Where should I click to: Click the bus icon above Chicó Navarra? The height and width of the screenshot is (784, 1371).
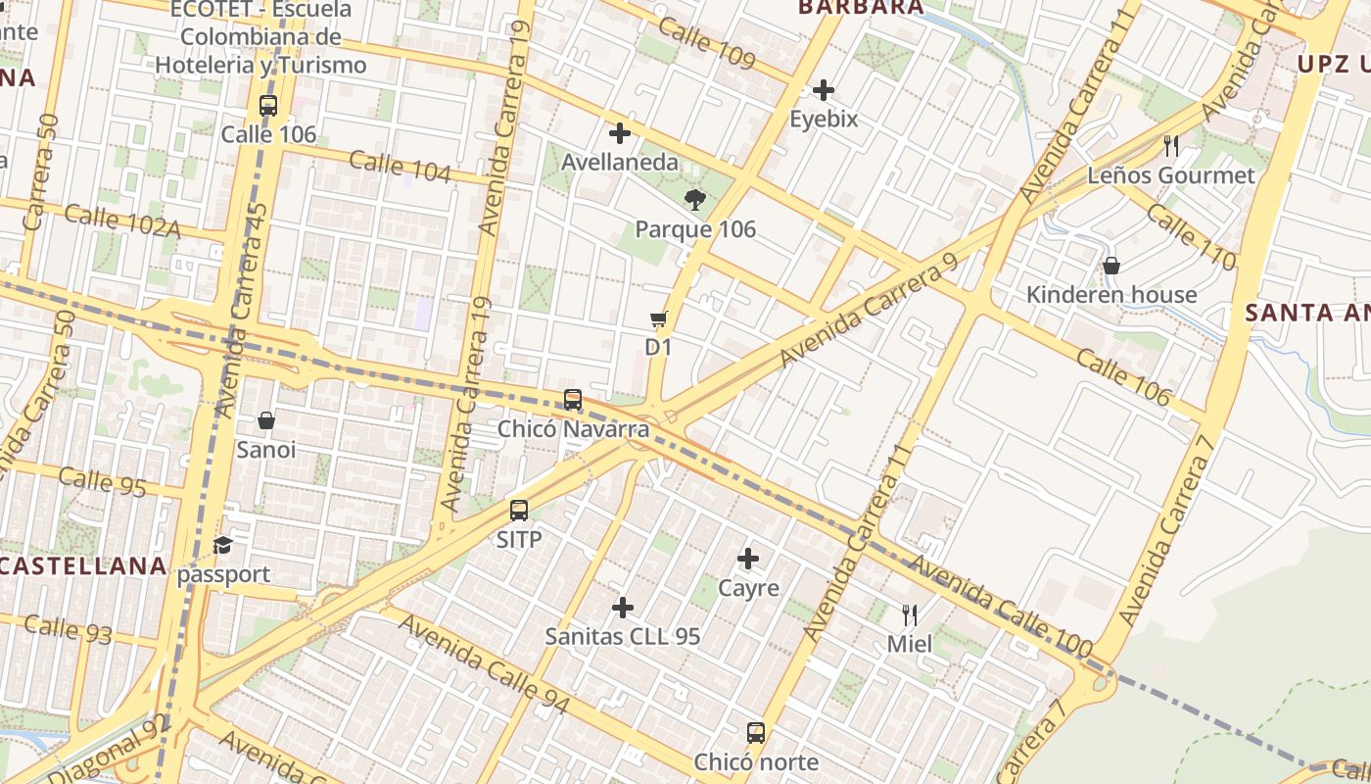(x=573, y=400)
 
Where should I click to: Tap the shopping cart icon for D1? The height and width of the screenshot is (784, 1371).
(x=658, y=318)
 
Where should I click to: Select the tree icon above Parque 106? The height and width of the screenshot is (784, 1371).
(x=695, y=201)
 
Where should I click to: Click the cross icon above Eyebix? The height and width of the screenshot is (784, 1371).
(x=824, y=90)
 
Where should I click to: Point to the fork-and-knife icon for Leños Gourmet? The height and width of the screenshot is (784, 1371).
(x=1171, y=146)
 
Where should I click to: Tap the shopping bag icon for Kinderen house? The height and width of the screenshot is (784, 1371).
(x=1111, y=266)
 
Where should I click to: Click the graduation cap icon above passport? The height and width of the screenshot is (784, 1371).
(x=223, y=545)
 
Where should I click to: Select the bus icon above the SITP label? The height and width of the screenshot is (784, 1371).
(x=519, y=511)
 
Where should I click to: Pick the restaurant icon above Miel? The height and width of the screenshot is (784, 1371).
(x=910, y=614)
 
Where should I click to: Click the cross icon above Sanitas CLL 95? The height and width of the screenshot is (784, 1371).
(x=623, y=608)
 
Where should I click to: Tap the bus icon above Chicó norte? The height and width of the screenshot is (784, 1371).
(x=756, y=732)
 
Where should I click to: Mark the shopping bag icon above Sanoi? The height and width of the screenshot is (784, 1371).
(x=265, y=420)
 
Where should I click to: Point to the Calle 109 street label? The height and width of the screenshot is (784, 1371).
(x=706, y=43)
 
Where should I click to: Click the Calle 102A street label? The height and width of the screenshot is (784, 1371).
(x=122, y=220)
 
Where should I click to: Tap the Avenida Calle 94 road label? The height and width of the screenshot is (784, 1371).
(x=484, y=664)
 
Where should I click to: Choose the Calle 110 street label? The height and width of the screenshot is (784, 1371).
(x=1190, y=236)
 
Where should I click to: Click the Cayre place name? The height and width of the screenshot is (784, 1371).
(x=749, y=588)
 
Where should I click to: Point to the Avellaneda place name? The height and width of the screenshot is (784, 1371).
(x=620, y=162)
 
